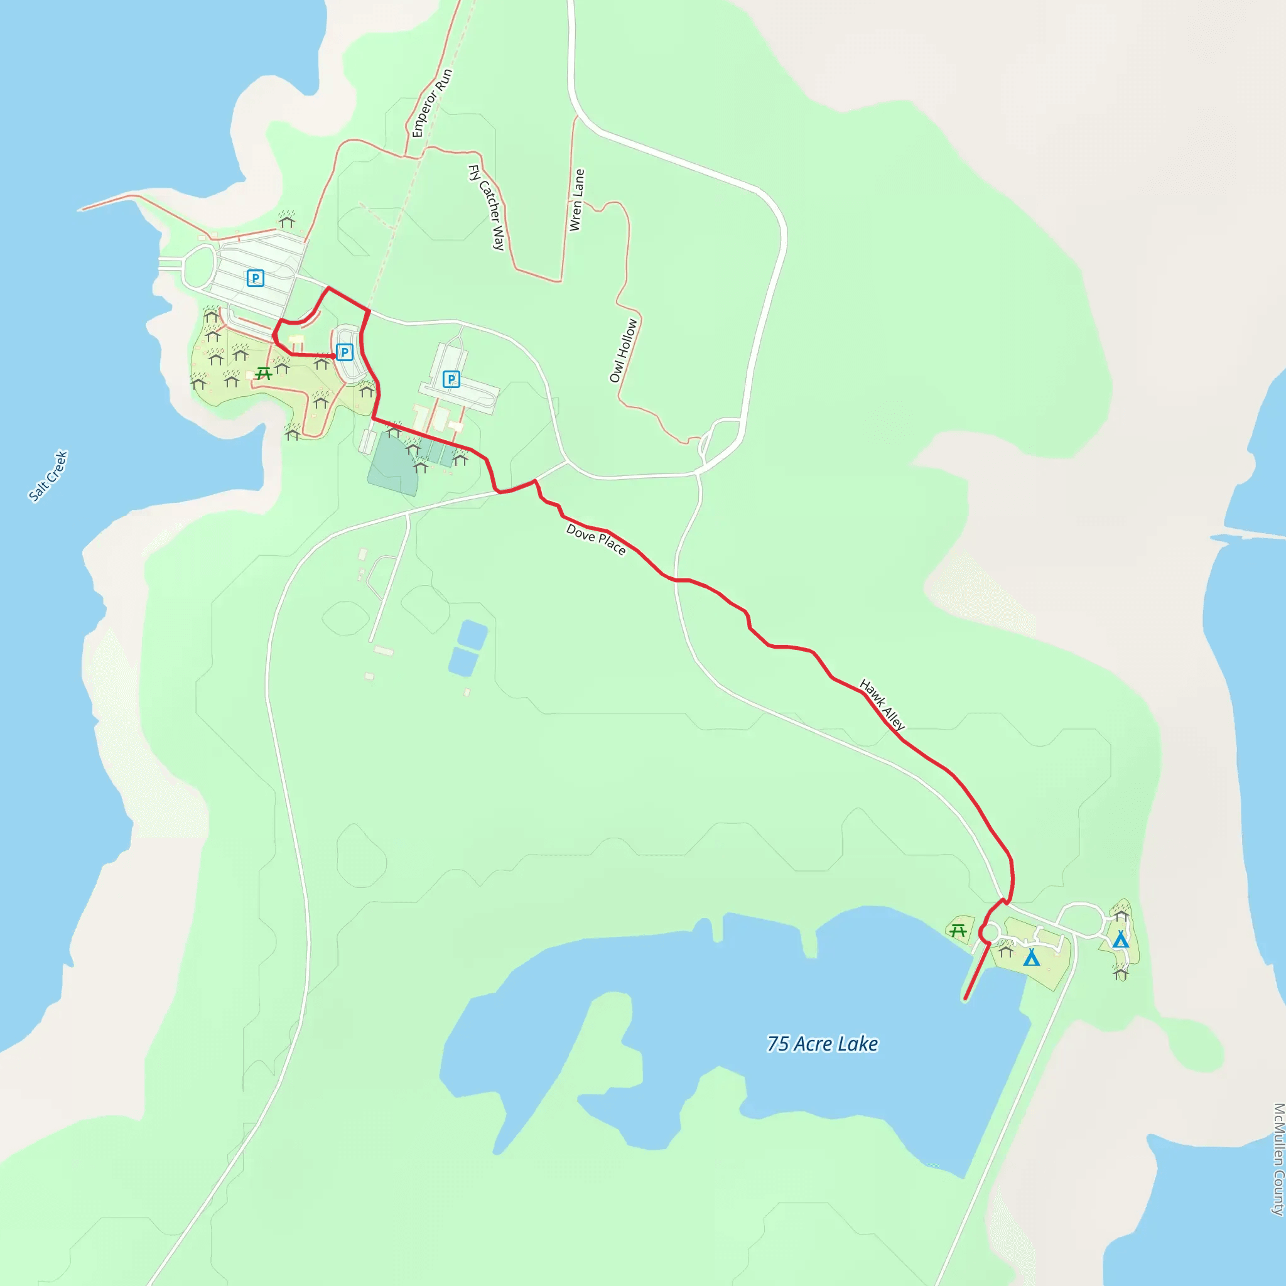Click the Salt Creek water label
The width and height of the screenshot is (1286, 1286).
[48, 475]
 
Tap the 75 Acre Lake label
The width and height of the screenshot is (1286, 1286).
[822, 1043]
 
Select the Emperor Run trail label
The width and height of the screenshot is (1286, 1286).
[432, 103]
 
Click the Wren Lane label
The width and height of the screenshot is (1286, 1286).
[576, 200]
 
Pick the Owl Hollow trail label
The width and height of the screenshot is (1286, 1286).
[624, 350]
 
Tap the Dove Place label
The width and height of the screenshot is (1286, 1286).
[596, 539]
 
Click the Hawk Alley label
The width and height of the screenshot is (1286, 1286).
[882, 705]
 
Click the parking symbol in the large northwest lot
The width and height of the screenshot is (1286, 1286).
[255, 278]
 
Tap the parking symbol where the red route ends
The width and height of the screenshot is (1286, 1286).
[344, 352]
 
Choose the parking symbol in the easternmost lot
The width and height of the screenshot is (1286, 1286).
[451, 379]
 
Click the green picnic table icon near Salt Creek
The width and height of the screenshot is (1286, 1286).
[264, 374]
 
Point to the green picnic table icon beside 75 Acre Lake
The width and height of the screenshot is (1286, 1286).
[958, 931]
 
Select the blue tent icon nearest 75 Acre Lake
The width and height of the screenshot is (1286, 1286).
[1031, 958]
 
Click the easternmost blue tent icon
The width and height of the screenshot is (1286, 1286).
[1121, 939]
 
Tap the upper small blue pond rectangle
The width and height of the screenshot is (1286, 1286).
[472, 634]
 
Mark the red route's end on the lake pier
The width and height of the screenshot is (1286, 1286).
[966, 998]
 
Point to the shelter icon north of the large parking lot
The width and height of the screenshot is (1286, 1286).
[287, 219]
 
